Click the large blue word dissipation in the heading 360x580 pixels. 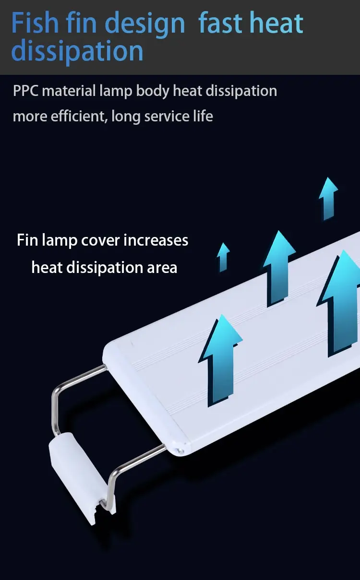pyautogui.click(x=77, y=50)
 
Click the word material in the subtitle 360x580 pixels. pyautogui.click(x=69, y=91)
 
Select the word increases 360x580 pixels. pyautogui.click(x=156, y=240)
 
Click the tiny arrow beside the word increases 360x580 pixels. pyautogui.click(x=223, y=257)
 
